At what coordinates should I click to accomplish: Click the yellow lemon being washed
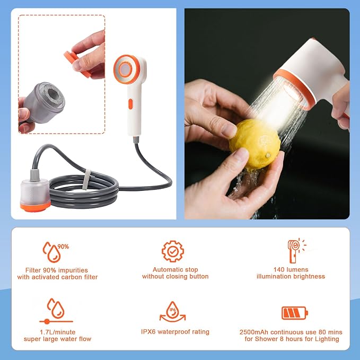[254, 145]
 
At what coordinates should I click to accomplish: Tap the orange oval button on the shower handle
[130, 104]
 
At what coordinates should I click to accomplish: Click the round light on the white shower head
[125, 69]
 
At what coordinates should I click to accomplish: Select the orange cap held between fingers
[76, 64]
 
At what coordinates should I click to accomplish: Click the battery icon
[295, 313]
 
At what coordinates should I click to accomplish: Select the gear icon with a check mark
[173, 251]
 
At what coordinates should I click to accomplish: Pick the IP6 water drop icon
[173, 312]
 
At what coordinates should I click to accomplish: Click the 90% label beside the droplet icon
[63, 247]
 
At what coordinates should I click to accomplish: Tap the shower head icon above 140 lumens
[296, 251]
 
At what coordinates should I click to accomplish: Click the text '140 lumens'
[291, 269]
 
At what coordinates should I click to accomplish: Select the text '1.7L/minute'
[57, 332]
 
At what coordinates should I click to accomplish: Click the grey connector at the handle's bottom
[136, 139]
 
